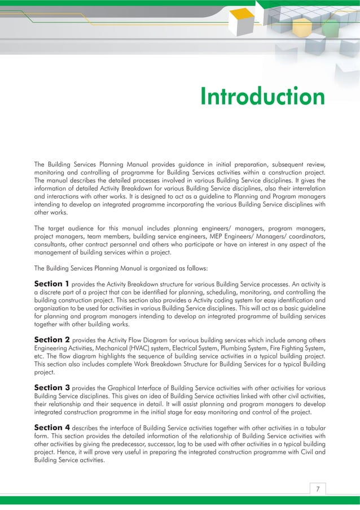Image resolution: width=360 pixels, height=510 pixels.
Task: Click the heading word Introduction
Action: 262,97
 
